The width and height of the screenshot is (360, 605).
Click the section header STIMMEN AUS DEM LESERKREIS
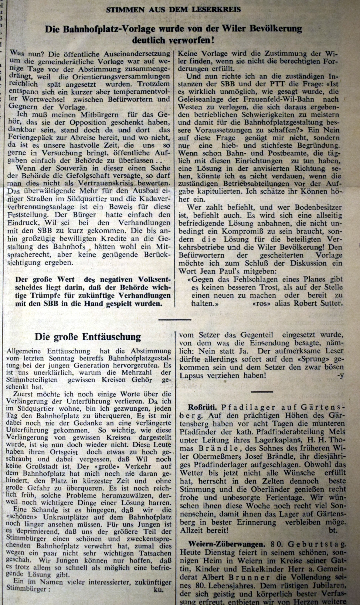coord(173,10)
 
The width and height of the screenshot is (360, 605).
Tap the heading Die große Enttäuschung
coord(88,336)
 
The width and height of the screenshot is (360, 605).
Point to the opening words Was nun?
coord(24,54)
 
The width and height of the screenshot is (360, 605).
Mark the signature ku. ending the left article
coord(158,589)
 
